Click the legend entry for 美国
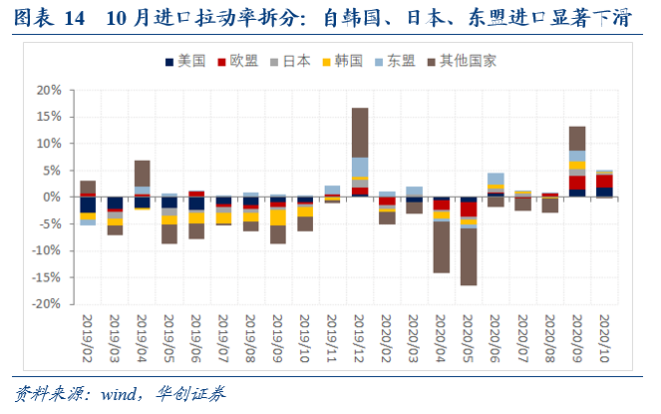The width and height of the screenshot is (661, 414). pyautogui.click(x=185, y=61)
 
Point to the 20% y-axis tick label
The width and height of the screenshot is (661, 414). pyautogui.click(x=48, y=90)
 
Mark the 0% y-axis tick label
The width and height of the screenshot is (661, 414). pyautogui.click(x=52, y=198)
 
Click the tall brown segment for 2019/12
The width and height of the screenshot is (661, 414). pyautogui.click(x=360, y=132)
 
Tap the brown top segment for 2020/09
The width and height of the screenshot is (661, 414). pyautogui.click(x=576, y=138)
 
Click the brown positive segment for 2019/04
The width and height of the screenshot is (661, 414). pyautogui.click(x=143, y=173)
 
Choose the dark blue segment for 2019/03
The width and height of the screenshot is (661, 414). pyautogui.click(x=116, y=204)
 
